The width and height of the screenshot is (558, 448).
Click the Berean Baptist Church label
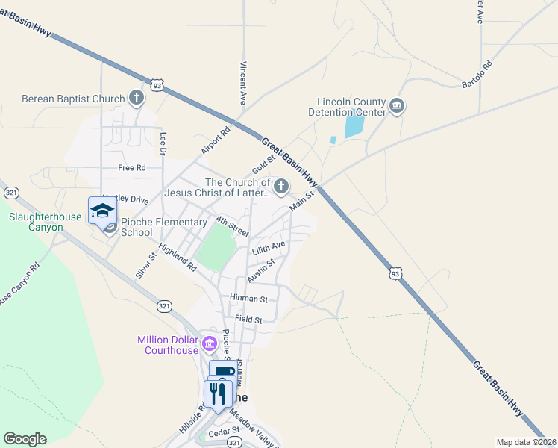pyautogui.click(x=73, y=98)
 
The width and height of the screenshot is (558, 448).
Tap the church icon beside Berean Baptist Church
pyautogui.click(x=136, y=97)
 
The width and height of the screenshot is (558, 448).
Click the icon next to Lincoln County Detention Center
pyautogui.click(x=397, y=106)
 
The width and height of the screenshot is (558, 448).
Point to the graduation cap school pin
pyautogui.click(x=102, y=211)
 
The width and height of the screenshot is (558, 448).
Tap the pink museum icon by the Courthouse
pyautogui.click(x=210, y=345)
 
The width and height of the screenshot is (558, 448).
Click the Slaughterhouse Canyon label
pyautogui.click(x=36, y=223)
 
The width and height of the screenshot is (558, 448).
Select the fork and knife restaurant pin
pyautogui.click(x=218, y=393)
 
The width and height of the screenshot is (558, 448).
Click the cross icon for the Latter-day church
pyautogui.click(x=280, y=187)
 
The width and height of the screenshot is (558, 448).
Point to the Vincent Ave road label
pyautogui.click(x=242, y=82)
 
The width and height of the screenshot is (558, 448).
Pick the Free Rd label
pyautogui.click(x=131, y=168)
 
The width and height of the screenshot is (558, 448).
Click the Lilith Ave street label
pyautogui.click(x=269, y=247)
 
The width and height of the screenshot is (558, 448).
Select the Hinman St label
pyautogui.click(x=248, y=299)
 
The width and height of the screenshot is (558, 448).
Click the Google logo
pyautogui.click(x=25, y=438)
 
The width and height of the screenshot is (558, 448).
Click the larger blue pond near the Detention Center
pyautogui.click(x=353, y=124)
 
